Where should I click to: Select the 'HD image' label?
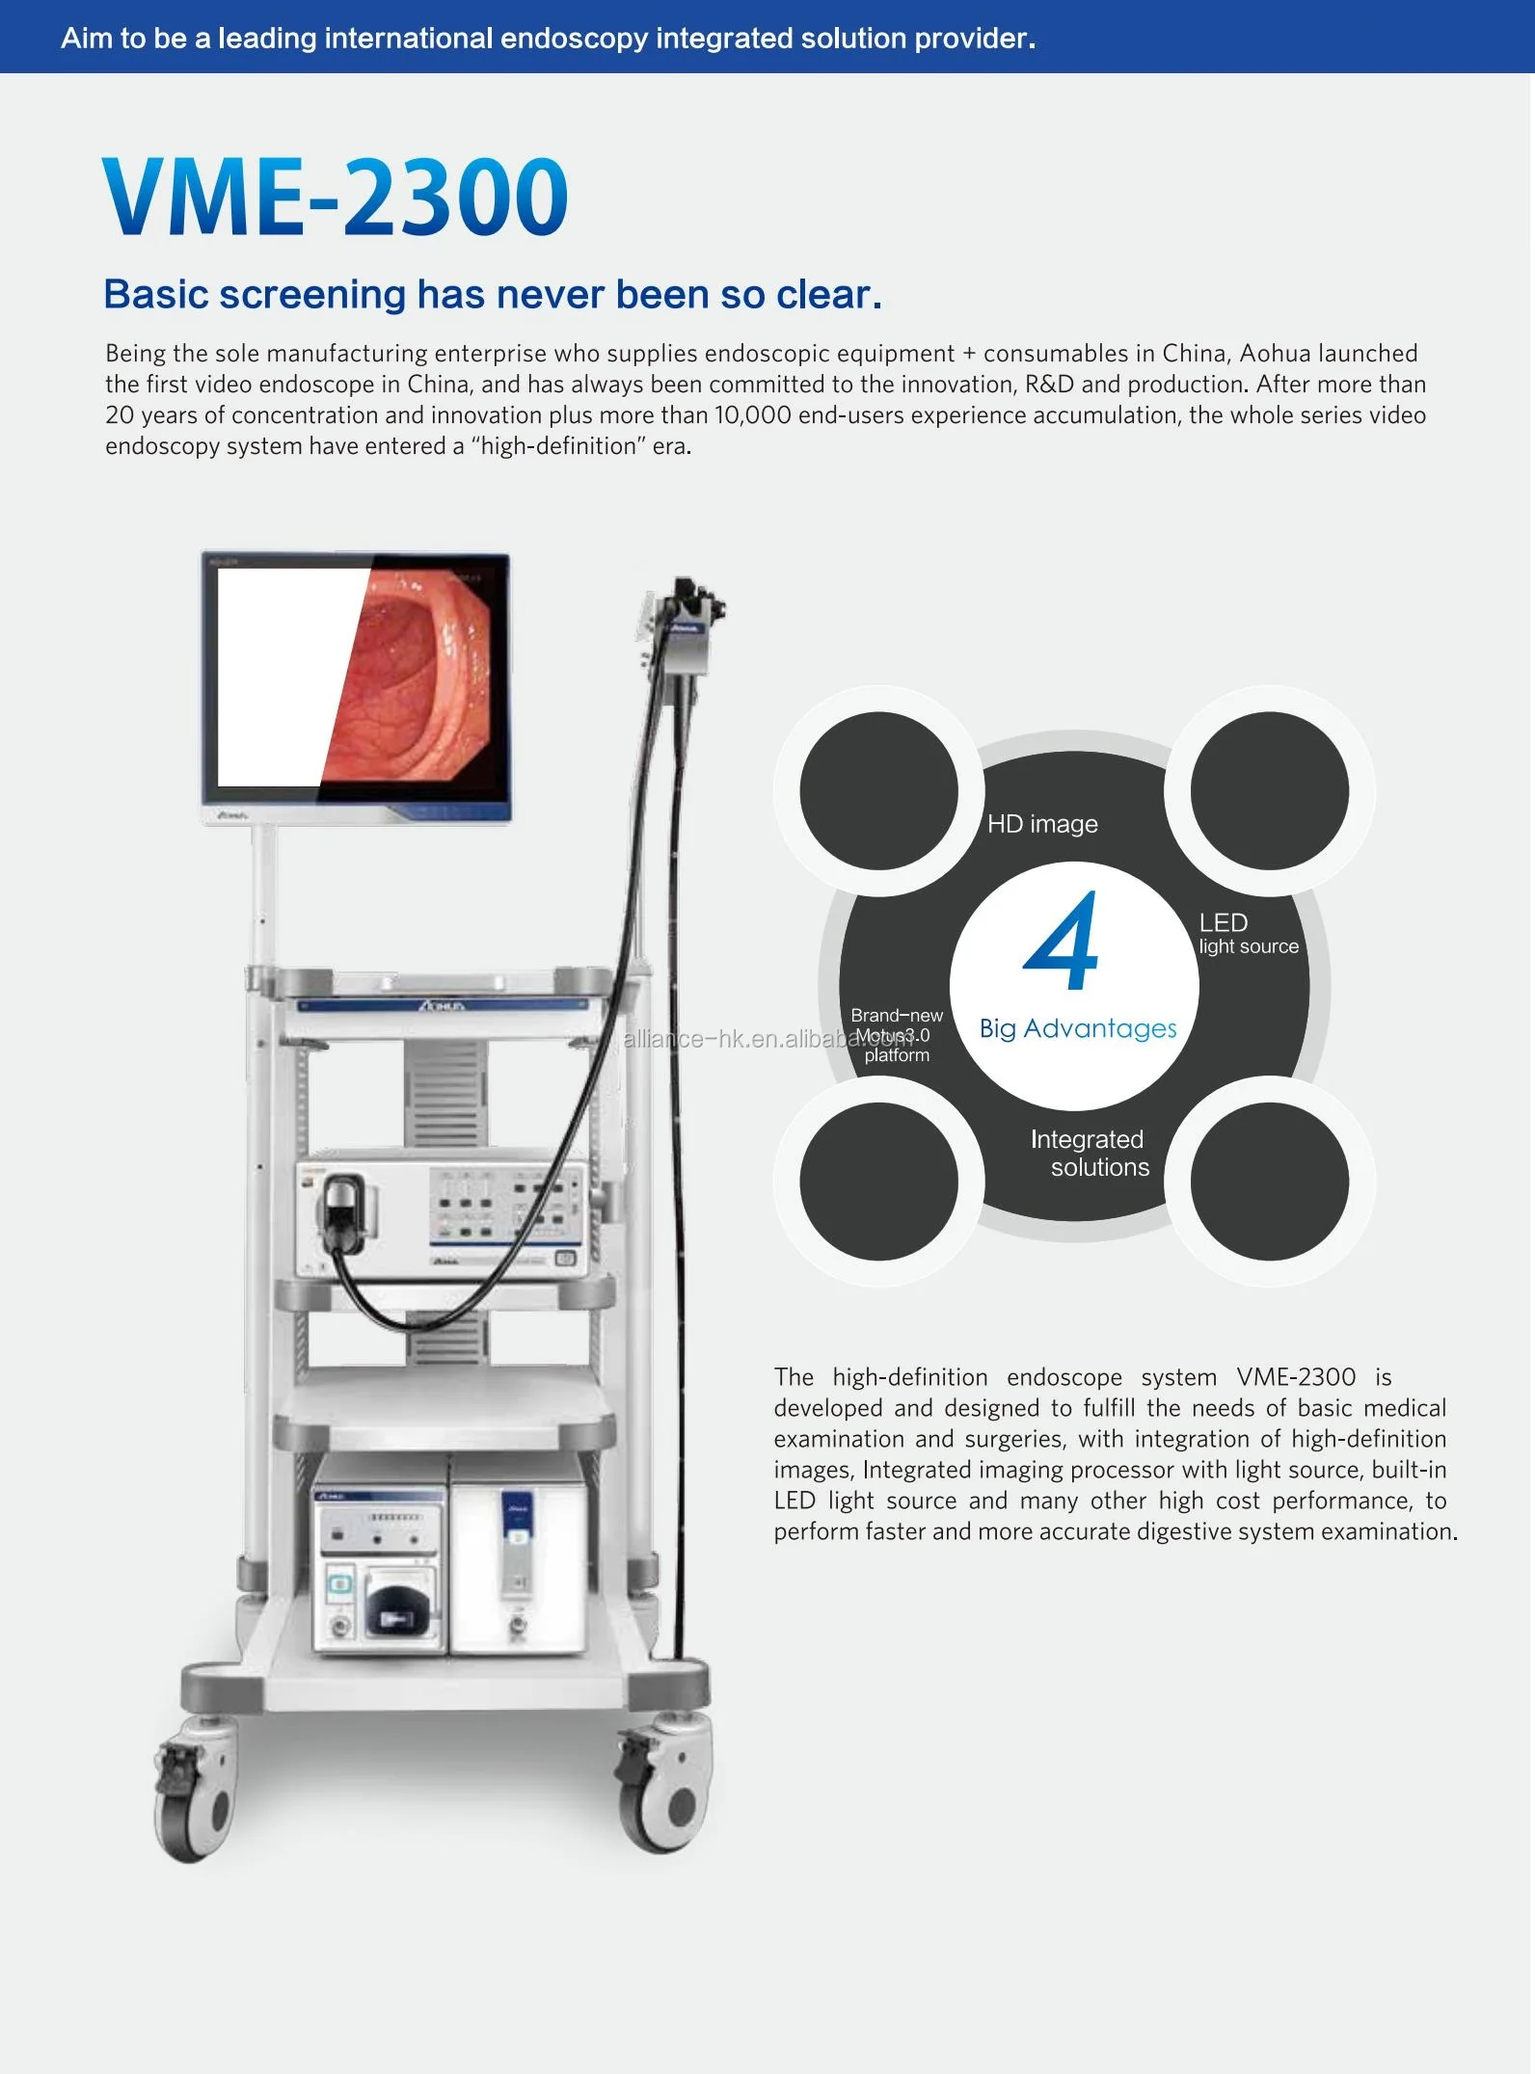click(x=1042, y=824)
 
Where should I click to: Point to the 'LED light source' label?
click(x=1248, y=933)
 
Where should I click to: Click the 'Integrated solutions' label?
click(x=1090, y=1153)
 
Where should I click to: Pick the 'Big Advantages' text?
click(x=1078, y=1028)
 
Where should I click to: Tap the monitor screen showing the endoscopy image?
click(x=355, y=678)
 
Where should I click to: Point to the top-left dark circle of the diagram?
click(x=878, y=790)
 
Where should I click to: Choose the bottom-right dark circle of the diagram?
click(x=1269, y=1182)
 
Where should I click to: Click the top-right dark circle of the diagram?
click(x=1269, y=790)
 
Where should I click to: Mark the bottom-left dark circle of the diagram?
click(x=878, y=1182)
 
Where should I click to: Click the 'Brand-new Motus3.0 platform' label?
click(x=896, y=1035)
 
